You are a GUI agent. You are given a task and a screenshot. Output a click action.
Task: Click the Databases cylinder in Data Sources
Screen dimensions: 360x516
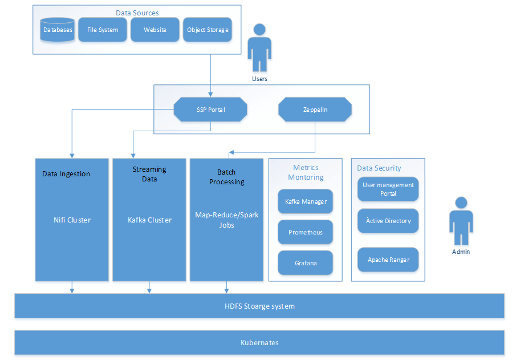pos(58,30)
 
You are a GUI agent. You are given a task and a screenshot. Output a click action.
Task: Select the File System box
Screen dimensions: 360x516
pos(103,30)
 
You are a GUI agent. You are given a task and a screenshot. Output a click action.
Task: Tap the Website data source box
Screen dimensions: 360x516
pos(155,30)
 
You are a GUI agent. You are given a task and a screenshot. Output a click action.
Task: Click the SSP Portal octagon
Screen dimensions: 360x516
pos(210,110)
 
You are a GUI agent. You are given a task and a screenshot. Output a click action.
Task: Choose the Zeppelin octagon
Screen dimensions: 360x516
pos(315,110)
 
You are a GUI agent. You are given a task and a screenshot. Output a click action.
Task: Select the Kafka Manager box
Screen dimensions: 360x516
pos(306,201)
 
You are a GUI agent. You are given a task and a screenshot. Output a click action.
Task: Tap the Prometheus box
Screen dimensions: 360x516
pos(306,232)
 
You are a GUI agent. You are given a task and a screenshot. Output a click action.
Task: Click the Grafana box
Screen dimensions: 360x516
pos(306,263)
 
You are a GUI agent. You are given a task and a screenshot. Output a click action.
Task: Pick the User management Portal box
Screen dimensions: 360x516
pos(388,189)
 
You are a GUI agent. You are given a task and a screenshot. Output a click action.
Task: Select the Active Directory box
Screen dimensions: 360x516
pos(388,221)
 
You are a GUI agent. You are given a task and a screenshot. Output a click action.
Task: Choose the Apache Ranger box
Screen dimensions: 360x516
pos(388,260)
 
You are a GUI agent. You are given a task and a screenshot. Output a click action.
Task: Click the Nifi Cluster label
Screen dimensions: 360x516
pos(71,220)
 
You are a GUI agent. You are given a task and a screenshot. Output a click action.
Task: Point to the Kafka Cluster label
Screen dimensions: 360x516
pos(149,220)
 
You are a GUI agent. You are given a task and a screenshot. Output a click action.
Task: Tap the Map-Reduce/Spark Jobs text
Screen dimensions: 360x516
pos(226,220)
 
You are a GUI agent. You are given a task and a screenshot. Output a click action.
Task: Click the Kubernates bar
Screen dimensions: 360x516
pos(259,342)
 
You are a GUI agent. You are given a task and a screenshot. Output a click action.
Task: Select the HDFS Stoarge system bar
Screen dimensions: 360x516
pos(259,306)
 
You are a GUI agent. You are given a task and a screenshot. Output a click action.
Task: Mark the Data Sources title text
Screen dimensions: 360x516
pos(137,13)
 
